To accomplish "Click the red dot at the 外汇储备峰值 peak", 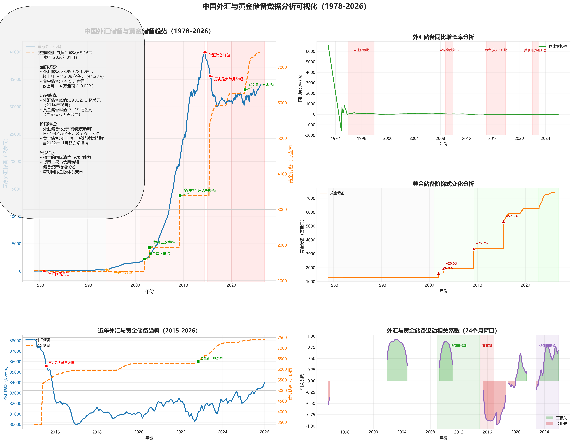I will pos(205,52).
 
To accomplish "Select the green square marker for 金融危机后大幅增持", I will pos(180,196).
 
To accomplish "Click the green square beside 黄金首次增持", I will pos(145,259).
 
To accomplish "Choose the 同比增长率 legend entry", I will pos(558,46).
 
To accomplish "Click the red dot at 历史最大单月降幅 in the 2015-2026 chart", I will pos(46,366).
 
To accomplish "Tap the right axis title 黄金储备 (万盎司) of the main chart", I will pos(291,163).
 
